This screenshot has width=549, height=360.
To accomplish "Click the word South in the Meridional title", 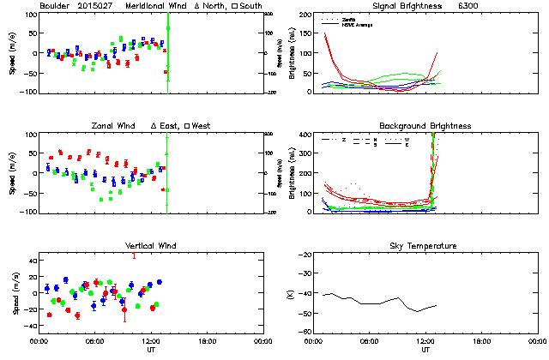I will (245, 6).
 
